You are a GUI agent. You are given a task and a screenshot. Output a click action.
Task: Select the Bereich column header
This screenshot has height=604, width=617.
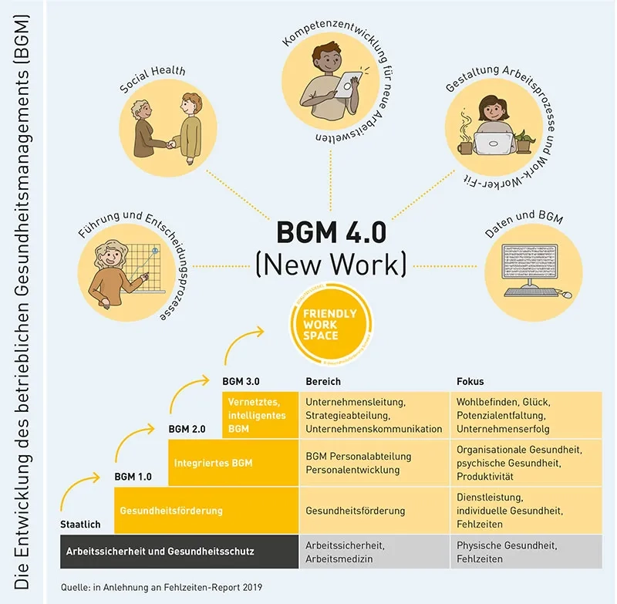(323, 382)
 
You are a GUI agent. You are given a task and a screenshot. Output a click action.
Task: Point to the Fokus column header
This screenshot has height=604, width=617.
(471, 382)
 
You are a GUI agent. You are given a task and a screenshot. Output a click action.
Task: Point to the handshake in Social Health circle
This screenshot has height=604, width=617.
(170, 143)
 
